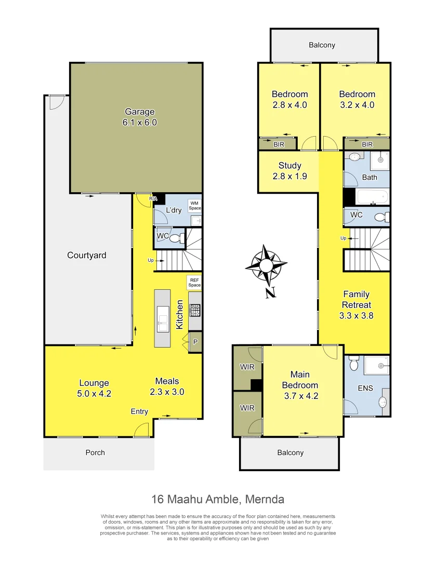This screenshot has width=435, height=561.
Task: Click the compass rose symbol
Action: point(267,266)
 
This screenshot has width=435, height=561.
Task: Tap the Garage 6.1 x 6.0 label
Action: point(139,117)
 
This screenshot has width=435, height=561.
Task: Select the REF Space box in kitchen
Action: point(194,282)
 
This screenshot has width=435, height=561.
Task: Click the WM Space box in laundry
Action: point(195,205)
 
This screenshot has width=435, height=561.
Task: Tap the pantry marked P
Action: point(195,342)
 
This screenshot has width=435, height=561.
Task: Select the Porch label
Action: point(95,452)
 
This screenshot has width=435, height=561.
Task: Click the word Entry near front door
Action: point(139,411)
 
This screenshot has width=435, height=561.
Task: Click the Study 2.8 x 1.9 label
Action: point(289,170)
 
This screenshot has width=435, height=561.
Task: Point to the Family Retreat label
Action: point(356,299)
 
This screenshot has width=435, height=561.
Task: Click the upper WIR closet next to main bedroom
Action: point(247,367)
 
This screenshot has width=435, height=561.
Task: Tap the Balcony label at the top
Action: point(322,45)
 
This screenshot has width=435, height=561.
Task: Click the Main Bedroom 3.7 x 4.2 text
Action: point(300,385)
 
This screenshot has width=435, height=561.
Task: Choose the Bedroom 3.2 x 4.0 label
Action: point(357,99)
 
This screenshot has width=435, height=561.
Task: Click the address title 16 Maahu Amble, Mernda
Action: point(218,500)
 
